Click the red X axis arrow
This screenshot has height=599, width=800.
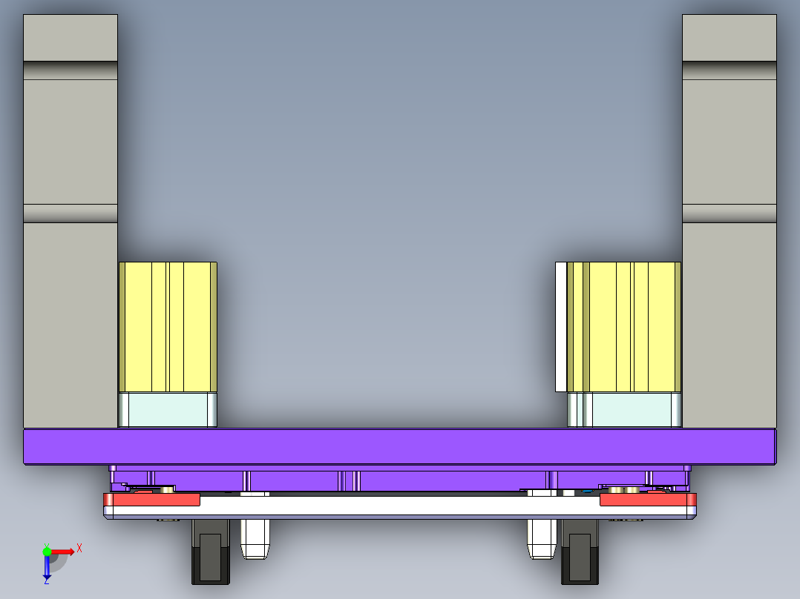pyautogui.click(x=64, y=551)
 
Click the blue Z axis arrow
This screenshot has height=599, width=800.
pyautogui.click(x=47, y=568)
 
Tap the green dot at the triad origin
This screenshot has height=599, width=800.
pyautogui.click(x=47, y=551)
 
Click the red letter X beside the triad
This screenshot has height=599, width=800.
pyautogui.click(x=79, y=548)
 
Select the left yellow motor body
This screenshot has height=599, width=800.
pyautogui.click(x=168, y=326)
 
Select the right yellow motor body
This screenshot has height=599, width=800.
pyautogui.click(x=631, y=326)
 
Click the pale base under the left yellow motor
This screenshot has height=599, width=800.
pyautogui.click(x=168, y=410)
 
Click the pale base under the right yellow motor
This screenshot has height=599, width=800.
pyautogui.click(x=631, y=410)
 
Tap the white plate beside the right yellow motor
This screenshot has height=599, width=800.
pyautogui.click(x=560, y=326)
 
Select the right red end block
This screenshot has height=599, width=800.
pyautogui.click(x=646, y=500)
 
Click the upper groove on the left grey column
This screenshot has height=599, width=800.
pyautogui.click(x=71, y=70)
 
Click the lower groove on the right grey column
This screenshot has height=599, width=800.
pyautogui.click(x=729, y=214)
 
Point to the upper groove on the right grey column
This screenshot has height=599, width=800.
pyautogui.click(x=729, y=70)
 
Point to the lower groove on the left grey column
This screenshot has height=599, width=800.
pyautogui.click(x=71, y=214)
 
